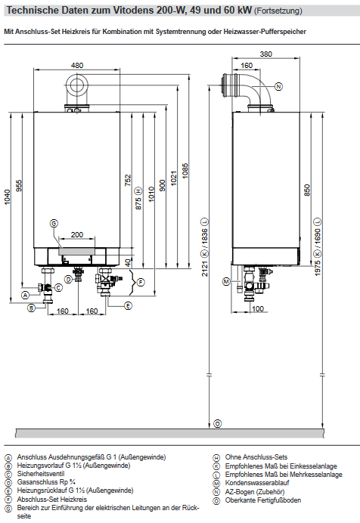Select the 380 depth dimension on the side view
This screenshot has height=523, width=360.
(265, 54)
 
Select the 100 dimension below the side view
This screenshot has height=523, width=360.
(258, 309)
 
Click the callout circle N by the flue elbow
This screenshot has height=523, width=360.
(278, 87)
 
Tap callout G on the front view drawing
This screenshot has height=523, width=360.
(54, 223)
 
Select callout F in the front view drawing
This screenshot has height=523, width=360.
(141, 282)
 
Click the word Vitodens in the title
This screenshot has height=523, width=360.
(116, 11)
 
